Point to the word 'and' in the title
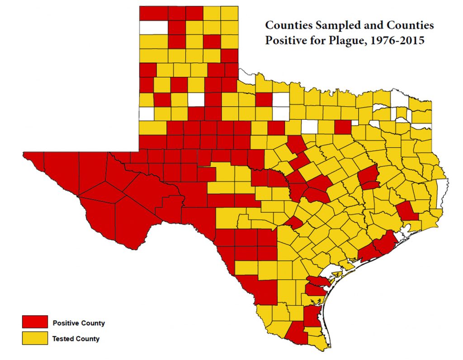353,25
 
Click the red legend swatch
35,323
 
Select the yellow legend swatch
35,338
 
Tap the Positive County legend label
79,323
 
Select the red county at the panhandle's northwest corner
153,13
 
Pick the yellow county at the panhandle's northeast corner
229,13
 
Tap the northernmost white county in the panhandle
153,28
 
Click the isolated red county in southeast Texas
407,211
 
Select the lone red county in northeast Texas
343,127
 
